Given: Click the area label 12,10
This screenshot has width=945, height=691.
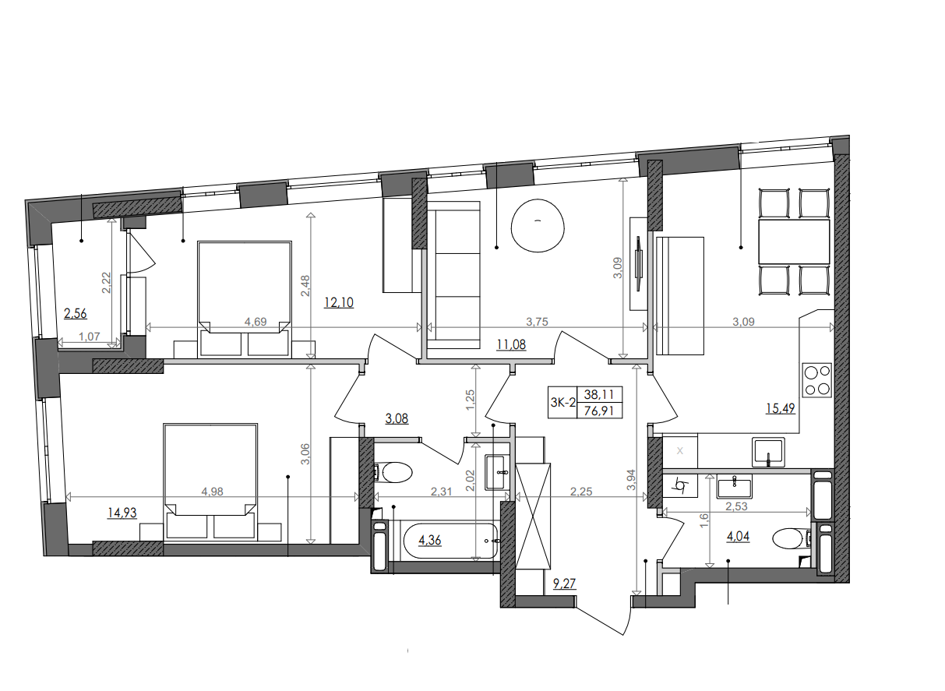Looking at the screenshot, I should [x=339, y=302].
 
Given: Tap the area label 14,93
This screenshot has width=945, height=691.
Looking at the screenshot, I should [x=122, y=513].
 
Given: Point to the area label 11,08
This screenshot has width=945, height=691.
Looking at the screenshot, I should [x=511, y=344].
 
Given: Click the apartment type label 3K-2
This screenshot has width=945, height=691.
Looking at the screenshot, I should [x=562, y=403].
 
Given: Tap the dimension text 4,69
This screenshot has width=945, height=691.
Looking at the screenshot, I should [x=257, y=320].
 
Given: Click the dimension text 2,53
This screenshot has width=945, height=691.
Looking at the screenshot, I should [x=737, y=506].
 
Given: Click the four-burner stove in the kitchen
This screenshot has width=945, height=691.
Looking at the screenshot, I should [x=817, y=382].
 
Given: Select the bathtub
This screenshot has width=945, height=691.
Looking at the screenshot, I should [x=450, y=540].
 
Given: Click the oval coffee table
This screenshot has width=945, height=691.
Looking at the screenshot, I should [x=537, y=225].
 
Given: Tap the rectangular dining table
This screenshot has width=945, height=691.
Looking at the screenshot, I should [x=795, y=241].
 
